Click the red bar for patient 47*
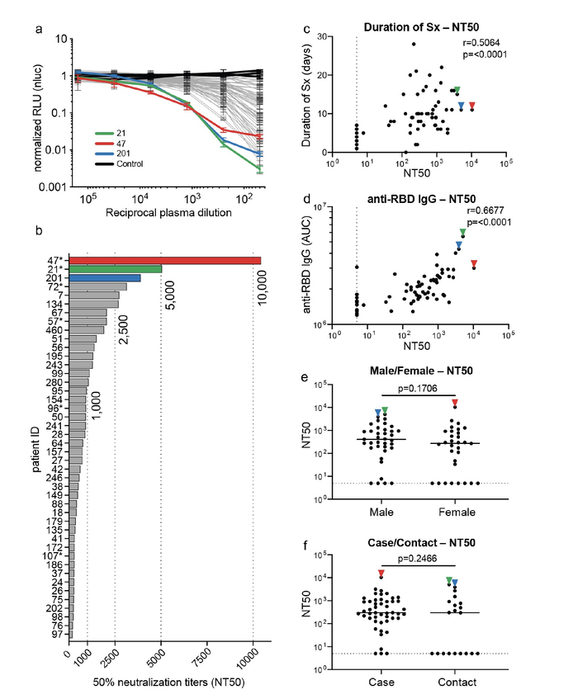point(165,260)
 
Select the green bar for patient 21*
point(115,269)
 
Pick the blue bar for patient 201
point(104,278)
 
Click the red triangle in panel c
point(471,106)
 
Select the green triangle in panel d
point(462,233)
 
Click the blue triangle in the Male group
point(377,412)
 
